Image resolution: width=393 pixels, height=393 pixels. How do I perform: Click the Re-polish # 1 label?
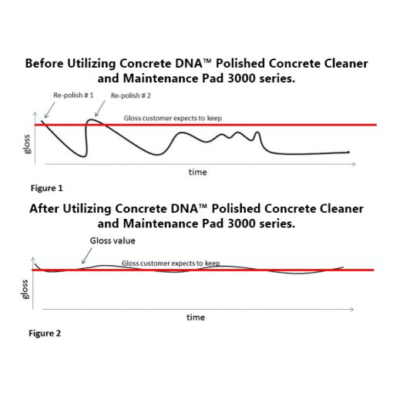click(x=73, y=96)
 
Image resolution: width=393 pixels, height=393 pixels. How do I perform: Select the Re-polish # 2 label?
click(x=130, y=96)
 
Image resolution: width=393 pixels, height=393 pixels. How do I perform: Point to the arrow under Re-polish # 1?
click(x=49, y=110)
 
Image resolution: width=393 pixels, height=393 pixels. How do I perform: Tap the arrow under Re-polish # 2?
click(x=100, y=109)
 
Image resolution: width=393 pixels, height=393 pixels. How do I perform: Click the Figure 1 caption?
click(x=47, y=188)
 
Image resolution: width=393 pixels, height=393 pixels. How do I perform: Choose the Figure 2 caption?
click(x=45, y=333)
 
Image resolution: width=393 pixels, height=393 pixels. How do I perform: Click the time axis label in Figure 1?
click(x=197, y=172)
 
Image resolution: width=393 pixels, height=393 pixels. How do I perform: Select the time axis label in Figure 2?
click(x=196, y=317)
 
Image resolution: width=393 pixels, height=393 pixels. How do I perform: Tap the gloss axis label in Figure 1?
click(x=27, y=144)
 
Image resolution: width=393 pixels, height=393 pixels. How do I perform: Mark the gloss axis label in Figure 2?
click(x=25, y=290)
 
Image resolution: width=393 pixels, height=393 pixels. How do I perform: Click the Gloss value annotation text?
click(x=113, y=240)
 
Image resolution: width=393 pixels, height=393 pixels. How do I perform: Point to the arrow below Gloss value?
click(x=87, y=256)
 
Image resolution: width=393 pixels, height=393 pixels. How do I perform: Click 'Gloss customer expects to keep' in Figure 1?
click(x=173, y=118)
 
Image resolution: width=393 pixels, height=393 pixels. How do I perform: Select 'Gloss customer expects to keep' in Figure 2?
click(x=170, y=264)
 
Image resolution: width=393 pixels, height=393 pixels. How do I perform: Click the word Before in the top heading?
click(x=44, y=63)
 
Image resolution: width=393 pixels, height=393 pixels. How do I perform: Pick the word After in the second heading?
click(x=44, y=209)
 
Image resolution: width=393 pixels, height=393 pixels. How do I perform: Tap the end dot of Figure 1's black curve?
click(x=348, y=153)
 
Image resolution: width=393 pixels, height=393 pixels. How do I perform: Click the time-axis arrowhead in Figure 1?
click(x=354, y=164)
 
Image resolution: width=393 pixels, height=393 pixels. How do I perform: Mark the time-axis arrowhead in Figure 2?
click(x=352, y=309)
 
